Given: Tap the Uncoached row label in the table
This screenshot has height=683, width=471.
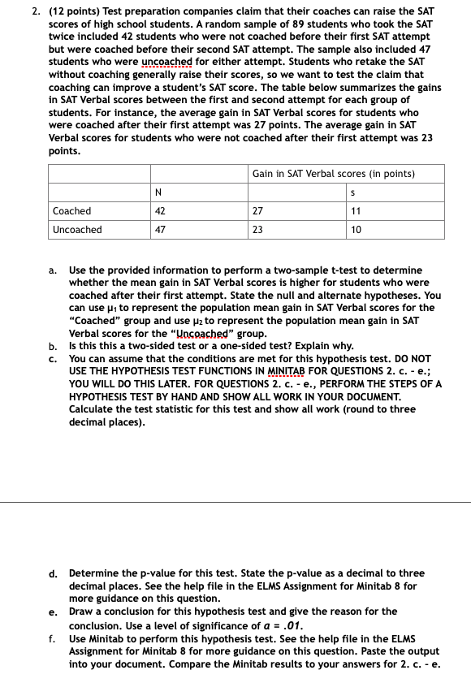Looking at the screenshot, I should (77, 230).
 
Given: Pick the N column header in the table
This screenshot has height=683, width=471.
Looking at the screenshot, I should (158, 192).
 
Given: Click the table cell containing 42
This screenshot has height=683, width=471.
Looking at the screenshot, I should (160, 211).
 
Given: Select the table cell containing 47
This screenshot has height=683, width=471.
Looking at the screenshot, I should (160, 230).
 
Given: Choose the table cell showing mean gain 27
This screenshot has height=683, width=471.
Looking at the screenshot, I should (257, 211).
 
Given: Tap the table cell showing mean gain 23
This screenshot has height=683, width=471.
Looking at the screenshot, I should (257, 230).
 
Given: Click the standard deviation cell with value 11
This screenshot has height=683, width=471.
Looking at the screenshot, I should (355, 211).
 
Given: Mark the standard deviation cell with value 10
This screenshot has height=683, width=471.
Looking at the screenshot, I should (355, 230).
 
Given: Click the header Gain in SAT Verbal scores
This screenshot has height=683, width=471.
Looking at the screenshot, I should (334, 174).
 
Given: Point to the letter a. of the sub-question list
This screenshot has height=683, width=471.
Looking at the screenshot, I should (53, 270).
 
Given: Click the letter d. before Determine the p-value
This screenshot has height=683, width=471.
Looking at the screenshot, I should (53, 573).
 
